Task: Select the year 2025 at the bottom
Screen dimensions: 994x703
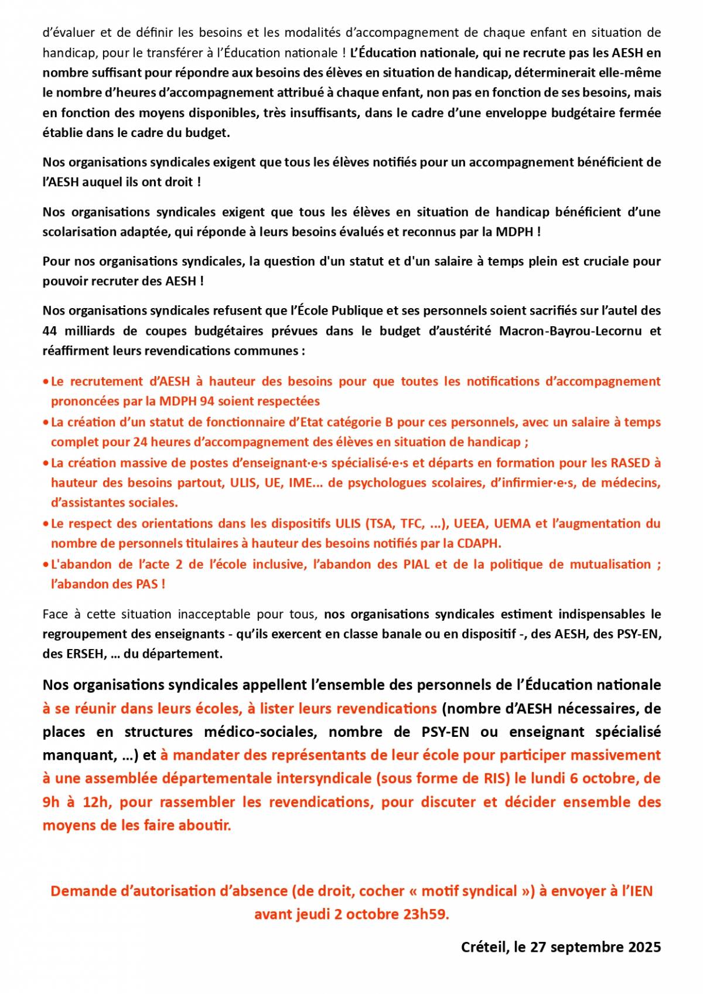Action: (644, 947)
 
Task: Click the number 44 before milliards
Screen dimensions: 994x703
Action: (50, 331)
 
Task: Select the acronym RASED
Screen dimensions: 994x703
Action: (630, 463)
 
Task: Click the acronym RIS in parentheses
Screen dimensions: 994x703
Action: (494, 778)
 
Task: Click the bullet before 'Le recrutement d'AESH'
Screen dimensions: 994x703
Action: (46, 382)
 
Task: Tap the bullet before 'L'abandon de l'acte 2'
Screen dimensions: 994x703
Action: (46, 565)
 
